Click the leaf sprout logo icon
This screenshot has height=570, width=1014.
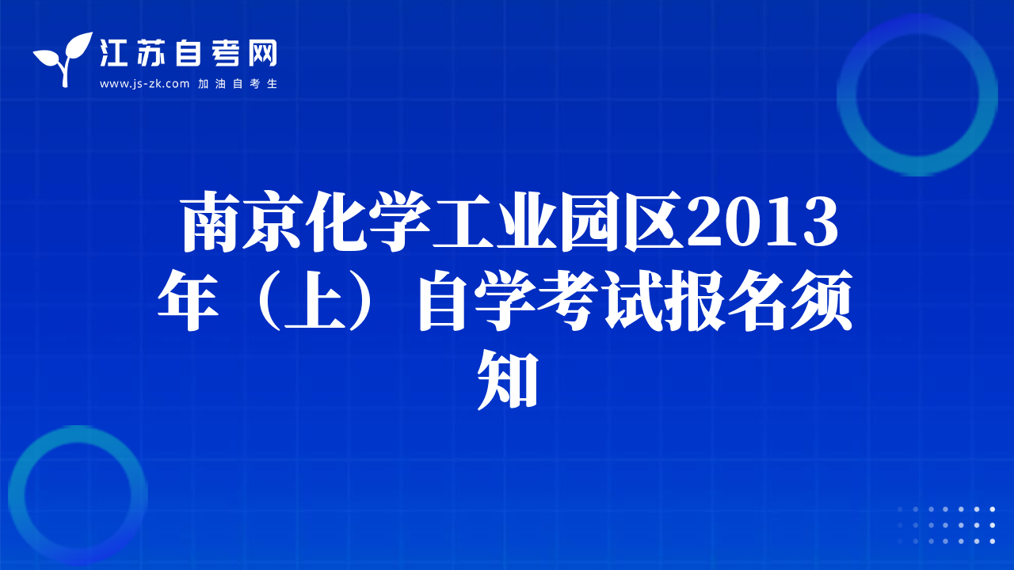click(x=63, y=59)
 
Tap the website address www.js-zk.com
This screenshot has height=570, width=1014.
click(x=144, y=84)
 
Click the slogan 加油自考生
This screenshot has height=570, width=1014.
click(x=237, y=84)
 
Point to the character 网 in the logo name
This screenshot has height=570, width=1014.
click(x=262, y=52)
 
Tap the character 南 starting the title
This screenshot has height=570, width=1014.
click(x=211, y=221)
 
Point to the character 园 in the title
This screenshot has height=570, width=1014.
click(x=590, y=221)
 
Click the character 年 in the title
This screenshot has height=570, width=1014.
click(x=188, y=301)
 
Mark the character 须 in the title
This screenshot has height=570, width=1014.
click(x=822, y=301)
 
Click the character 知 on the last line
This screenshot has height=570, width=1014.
click(x=507, y=380)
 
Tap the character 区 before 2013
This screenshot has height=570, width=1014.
click(x=654, y=221)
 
